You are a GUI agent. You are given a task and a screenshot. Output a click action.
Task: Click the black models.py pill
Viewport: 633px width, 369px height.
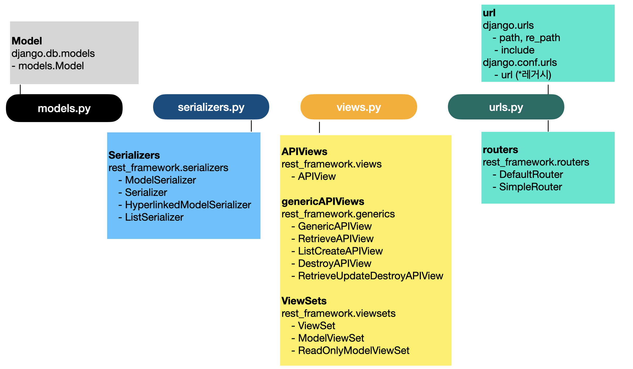point(64,108)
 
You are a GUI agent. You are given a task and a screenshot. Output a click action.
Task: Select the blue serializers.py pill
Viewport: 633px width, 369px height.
point(211,107)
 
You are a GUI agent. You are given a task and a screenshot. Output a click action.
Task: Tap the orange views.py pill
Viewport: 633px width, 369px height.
point(359,107)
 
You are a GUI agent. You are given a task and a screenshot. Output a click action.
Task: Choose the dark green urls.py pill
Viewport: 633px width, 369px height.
point(506,107)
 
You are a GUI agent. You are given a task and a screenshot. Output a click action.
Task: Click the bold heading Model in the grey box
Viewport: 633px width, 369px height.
point(27,41)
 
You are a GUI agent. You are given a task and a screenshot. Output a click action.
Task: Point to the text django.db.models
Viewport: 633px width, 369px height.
point(53,53)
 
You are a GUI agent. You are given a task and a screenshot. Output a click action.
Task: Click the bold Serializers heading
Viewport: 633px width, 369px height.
point(134,155)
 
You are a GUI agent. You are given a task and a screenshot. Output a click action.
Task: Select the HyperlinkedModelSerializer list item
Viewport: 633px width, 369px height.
point(188,205)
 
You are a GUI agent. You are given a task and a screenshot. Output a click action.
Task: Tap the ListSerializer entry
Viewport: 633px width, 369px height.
point(154,217)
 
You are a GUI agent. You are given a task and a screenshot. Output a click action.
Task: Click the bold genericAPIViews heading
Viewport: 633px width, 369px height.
point(323,202)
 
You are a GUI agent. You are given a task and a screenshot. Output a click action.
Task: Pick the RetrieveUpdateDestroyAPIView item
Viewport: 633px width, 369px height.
point(371,276)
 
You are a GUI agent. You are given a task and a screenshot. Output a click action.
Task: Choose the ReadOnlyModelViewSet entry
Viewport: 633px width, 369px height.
point(354,350)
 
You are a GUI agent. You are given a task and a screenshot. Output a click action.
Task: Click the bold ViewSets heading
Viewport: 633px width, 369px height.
point(304,301)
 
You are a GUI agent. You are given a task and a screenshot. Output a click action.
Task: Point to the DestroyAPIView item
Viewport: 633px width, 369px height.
point(335,263)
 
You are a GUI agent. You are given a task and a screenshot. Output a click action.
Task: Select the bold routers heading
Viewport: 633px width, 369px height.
point(501,150)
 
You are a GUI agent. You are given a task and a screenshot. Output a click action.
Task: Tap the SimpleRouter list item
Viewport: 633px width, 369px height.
point(531,187)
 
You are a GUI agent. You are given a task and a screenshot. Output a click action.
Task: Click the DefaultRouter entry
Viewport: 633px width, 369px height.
point(531,174)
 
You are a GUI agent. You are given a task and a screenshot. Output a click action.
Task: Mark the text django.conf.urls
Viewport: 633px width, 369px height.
point(520,62)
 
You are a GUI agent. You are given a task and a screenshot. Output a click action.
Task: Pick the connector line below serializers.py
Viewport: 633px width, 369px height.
point(251,126)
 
